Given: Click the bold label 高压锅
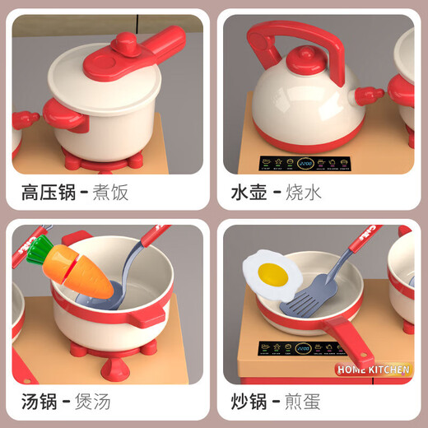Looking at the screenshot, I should pyautogui.click(x=49, y=193).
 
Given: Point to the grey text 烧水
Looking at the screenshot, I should pyautogui.click(x=309, y=193).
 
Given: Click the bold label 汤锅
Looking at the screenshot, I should pyautogui.click(x=39, y=403).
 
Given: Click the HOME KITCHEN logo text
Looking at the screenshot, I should pyautogui.click(x=372, y=370).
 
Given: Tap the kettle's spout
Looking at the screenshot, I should pyautogui.click(x=365, y=100).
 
